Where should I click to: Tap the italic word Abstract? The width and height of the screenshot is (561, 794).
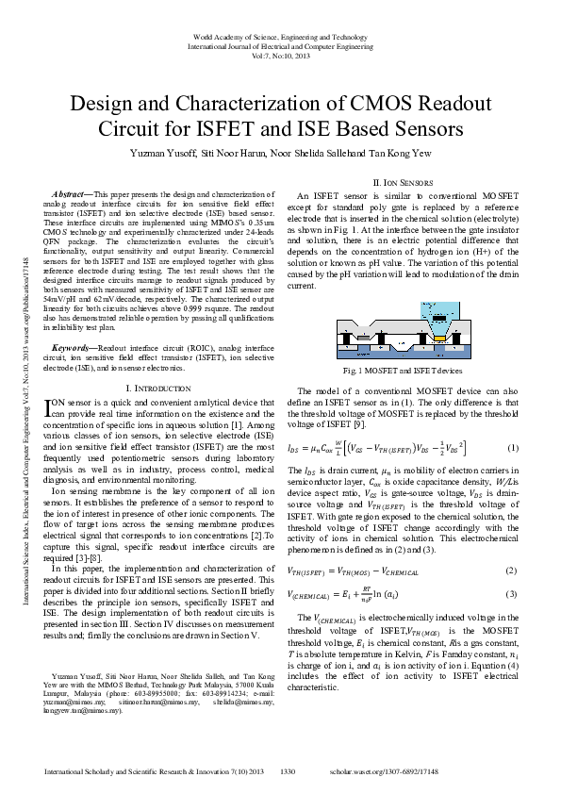click(68, 193)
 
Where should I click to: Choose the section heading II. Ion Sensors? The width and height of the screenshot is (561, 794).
click(404, 181)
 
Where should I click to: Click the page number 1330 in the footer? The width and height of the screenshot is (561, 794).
click(289, 772)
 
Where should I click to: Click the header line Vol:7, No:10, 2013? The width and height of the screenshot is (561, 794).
click(280, 55)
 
